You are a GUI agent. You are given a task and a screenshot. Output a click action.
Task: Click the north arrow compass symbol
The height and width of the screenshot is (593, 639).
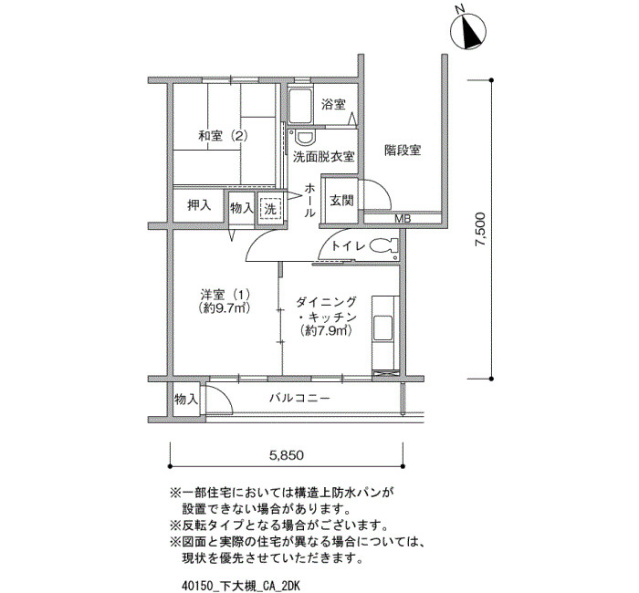point(468,32)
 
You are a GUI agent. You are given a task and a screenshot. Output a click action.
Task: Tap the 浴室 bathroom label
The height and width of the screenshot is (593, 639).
point(333,105)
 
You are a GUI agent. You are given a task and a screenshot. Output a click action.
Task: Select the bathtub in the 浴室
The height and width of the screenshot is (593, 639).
point(300,106)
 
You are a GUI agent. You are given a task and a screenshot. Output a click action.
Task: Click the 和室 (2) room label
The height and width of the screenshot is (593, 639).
point(223,135)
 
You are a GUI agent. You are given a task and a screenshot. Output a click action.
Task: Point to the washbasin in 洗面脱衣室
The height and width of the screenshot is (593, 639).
point(305,138)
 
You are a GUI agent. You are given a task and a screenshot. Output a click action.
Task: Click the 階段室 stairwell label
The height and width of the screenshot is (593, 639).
point(403,151)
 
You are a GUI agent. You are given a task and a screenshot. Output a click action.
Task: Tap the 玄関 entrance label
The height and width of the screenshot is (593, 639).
point(341,201)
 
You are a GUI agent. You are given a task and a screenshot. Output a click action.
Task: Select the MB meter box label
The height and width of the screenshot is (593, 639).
point(403,219)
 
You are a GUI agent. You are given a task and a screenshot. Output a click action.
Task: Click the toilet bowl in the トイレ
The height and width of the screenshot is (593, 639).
point(383,245)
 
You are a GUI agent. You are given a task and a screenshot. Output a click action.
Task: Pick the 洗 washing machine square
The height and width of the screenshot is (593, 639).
point(270,209)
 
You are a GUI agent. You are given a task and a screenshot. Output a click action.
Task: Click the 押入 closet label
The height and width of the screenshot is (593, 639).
point(199,205)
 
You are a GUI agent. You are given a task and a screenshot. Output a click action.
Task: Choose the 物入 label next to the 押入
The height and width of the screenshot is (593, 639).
point(242,209)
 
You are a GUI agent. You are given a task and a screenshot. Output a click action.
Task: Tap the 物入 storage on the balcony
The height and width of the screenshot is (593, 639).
point(186,400)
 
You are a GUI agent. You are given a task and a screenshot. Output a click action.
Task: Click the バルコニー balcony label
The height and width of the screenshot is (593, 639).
point(299,398)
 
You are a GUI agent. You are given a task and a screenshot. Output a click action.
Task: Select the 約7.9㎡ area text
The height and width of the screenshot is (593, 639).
point(326,330)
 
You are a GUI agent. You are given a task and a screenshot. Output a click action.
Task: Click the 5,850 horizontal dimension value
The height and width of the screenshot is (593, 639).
point(287,455)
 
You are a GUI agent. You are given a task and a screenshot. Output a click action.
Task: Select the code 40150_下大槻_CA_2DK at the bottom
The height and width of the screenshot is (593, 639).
point(241,586)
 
